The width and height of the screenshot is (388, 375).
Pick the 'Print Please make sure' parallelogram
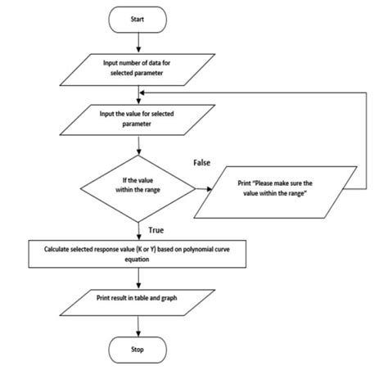279,190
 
